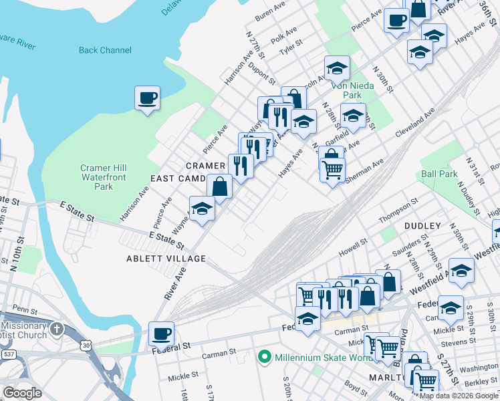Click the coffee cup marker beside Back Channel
(147, 99)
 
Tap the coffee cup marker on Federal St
(160, 333)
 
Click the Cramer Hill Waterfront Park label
(104, 177)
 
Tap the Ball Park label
(439, 174)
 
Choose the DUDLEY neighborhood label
(422, 226)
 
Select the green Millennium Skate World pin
(265, 358)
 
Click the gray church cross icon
(57, 329)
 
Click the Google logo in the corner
(22, 393)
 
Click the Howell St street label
(354, 248)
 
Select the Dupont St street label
(262, 73)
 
